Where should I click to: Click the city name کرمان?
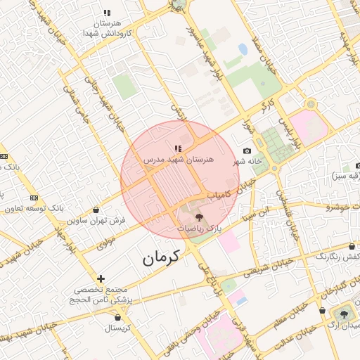pyautogui.click(x=162, y=257)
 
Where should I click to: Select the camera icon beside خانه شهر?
pyautogui.click(x=247, y=151)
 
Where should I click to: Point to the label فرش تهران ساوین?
pyautogui.click(x=96, y=221)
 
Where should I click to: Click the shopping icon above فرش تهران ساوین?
pyautogui.click(x=96, y=210)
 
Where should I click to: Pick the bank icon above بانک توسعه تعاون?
pyautogui.click(x=34, y=197)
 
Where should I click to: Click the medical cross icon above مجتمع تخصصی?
pyautogui.click(x=101, y=278)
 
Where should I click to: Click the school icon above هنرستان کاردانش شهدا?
pyautogui.click(x=107, y=12)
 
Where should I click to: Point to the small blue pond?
pyautogui.click(x=243, y=49)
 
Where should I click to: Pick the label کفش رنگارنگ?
pyautogui.click(x=337, y=257)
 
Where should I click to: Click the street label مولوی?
pyautogui.click(x=105, y=243)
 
